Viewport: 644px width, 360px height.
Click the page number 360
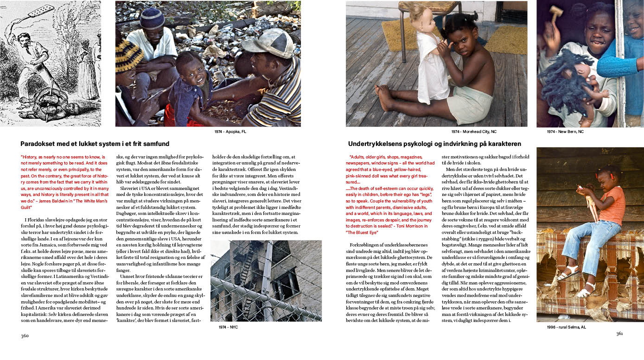(25, 335)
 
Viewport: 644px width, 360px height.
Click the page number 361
(620, 334)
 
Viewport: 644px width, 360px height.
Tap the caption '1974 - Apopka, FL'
(230, 132)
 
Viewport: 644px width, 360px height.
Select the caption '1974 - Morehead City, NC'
(473, 132)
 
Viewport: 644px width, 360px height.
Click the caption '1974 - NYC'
(228, 327)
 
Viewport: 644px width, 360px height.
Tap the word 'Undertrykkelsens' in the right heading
(376, 144)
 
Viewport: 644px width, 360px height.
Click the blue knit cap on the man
(152, 18)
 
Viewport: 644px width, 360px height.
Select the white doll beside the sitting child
(431, 60)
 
